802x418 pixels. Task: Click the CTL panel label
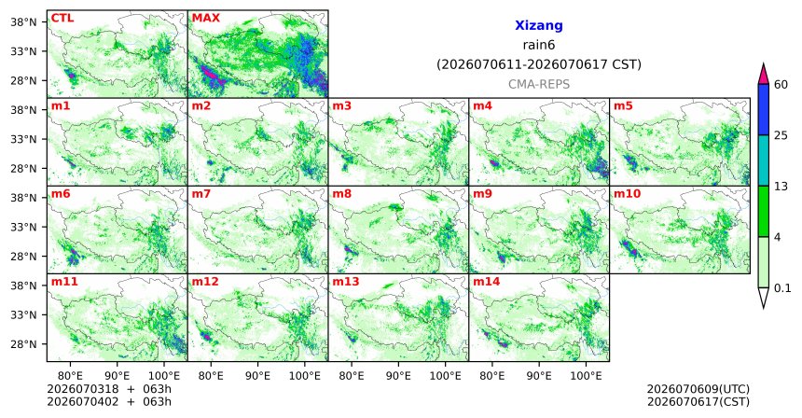coord(62,19)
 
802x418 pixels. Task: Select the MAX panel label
coord(205,19)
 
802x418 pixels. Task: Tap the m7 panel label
coord(200,194)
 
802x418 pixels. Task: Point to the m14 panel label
coord(487,282)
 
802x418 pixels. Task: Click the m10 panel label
coord(627,194)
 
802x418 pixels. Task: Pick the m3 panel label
coord(341,106)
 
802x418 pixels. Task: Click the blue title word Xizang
coord(539,25)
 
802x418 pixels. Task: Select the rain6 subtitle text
coord(539,45)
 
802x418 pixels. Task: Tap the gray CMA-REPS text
coord(539,84)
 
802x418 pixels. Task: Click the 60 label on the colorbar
coord(781,84)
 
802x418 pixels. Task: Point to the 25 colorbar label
coord(781,135)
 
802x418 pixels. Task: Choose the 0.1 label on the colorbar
coord(782,288)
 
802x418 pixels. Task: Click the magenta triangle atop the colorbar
coord(764,75)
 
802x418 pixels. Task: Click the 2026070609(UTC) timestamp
coord(698,390)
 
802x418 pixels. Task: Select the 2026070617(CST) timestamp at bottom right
coord(698,401)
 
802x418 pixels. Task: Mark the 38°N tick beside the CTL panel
coord(23,22)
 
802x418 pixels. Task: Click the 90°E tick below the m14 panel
coord(539,376)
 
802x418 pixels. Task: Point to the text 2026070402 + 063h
coord(109,401)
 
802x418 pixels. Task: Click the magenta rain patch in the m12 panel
coord(207,336)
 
